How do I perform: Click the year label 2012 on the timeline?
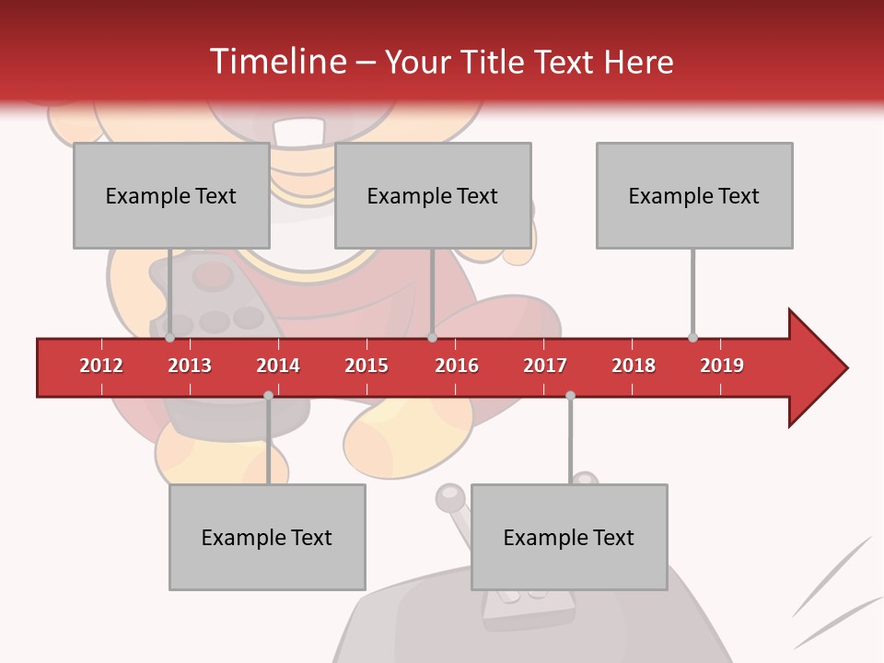pos(101,366)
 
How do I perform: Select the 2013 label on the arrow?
pos(190,366)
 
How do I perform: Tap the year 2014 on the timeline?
pos(278,366)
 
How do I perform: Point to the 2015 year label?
pos(366,366)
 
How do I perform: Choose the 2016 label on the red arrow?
pos(457,366)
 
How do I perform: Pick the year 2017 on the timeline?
pos(545,366)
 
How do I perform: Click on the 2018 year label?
pos(634,366)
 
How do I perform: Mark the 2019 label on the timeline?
pos(722,366)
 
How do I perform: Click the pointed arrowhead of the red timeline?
pos(820,367)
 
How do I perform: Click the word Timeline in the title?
pos(276,62)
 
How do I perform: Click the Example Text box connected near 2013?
pos(171,195)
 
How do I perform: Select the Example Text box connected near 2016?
pos(433,195)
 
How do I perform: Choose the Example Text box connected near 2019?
pos(694,195)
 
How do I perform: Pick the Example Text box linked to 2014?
pos(267,537)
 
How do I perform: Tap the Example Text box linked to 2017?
pos(569,537)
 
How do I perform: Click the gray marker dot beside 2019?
pos(692,337)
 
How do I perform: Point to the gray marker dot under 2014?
pos(268,395)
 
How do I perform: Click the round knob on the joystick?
pos(449,497)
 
